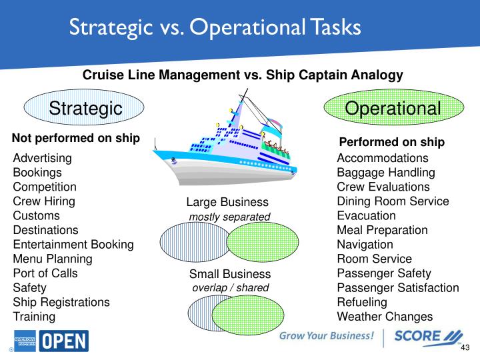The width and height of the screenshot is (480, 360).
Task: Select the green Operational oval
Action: click(394, 107)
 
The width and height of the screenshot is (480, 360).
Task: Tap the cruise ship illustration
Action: click(225, 141)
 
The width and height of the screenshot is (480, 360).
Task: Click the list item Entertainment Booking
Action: click(73, 245)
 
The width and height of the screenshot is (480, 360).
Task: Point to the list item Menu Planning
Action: click(53, 259)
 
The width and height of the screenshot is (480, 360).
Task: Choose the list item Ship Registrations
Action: click(61, 302)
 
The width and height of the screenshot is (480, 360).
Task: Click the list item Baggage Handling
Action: click(386, 173)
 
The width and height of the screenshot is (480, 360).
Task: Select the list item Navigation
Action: click(365, 245)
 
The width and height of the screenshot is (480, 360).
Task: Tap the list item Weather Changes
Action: click(385, 317)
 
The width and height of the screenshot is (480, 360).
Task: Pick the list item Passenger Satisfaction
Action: click(398, 288)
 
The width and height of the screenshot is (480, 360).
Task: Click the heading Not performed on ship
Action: click(76, 138)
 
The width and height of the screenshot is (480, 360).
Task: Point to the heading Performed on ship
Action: click(392, 142)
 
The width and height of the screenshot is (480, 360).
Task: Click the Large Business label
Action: click(227, 202)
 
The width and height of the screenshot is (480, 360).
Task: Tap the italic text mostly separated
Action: click(229, 217)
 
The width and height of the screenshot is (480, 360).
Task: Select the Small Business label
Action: click(230, 274)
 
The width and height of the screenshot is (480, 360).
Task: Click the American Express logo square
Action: click(25, 341)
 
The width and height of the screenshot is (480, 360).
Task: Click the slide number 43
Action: click(465, 347)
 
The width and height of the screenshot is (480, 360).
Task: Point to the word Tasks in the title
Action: click(336, 27)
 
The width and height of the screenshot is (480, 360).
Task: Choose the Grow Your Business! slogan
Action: click(327, 336)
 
